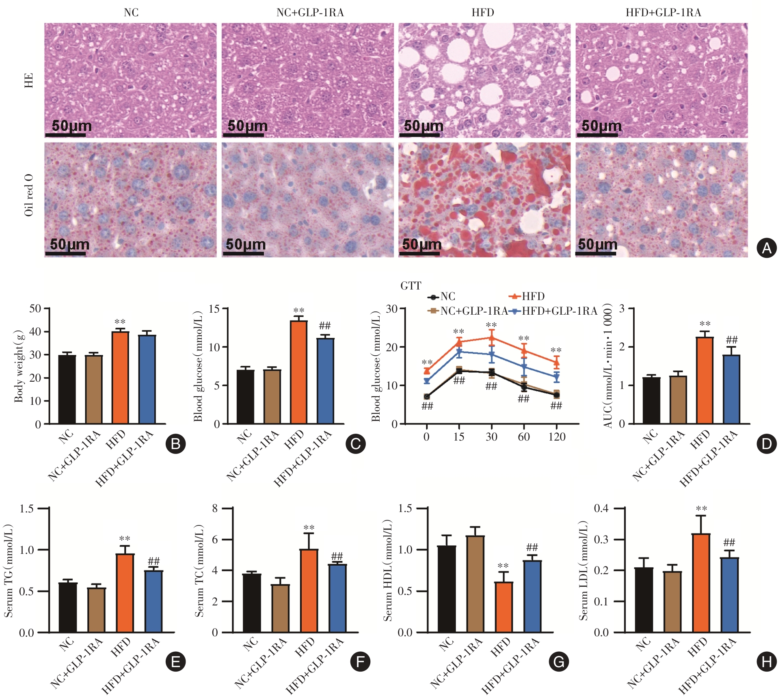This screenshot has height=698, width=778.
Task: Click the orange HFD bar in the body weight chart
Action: pos(120,378)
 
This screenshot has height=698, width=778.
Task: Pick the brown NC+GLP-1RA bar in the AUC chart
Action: pos(678,400)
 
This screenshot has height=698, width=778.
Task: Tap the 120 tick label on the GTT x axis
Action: pos(556,437)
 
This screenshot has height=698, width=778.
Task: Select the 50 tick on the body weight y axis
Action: pos(35,309)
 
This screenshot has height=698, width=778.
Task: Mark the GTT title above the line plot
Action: pos(411,286)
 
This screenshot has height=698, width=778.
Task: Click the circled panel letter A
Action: pos(766,248)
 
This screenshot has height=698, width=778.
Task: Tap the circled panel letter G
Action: pos(559,662)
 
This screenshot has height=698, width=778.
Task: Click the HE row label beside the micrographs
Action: pos(28,80)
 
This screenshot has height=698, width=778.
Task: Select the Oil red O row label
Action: pos(28,195)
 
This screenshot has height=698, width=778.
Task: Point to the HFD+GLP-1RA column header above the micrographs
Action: pos(663,13)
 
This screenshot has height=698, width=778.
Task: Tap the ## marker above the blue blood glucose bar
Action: pos(324,325)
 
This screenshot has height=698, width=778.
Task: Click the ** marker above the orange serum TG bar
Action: pos(124,539)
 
